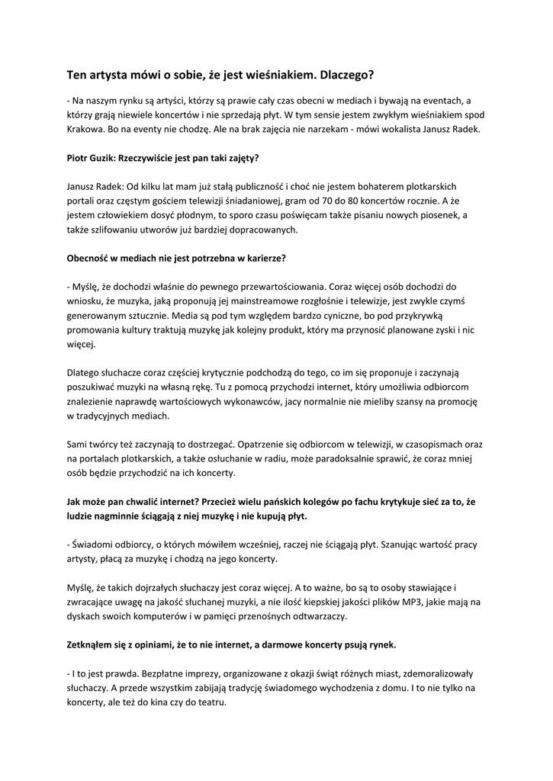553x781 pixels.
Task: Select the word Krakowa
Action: pyautogui.click(x=85, y=129)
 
